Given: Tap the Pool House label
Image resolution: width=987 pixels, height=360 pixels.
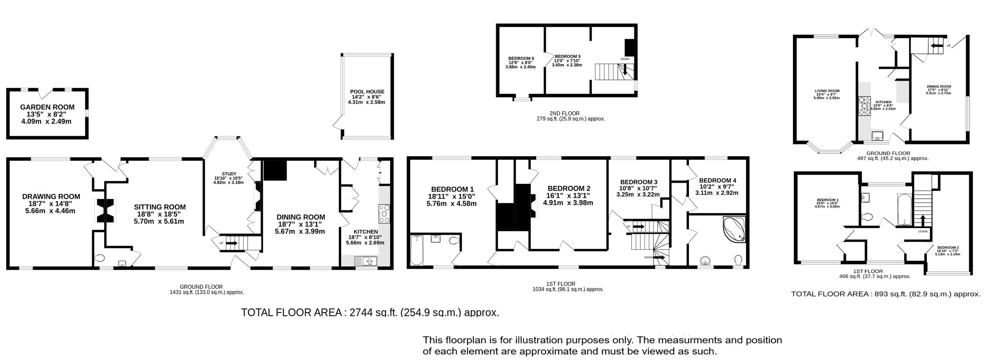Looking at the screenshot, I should point(367,92).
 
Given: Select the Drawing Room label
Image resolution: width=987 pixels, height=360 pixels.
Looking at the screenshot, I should point(51,197).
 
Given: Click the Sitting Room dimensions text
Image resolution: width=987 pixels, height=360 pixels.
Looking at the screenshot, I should point(159,218).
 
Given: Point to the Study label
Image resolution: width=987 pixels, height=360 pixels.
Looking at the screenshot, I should point(228,174).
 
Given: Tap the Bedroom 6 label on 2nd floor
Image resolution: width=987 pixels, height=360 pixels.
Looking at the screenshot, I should point(521,58).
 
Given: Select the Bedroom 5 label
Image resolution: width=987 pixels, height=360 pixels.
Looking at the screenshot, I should point(568,56).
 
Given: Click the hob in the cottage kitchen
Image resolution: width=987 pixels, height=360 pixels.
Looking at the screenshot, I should point(862,107).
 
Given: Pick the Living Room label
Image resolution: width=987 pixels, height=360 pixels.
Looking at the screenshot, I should point(827,91).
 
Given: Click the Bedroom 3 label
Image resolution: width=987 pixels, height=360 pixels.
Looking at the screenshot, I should point(639,182).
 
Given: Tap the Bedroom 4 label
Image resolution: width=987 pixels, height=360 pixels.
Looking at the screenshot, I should point(718,180).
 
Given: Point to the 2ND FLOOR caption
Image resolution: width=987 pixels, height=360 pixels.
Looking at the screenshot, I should point(564,113).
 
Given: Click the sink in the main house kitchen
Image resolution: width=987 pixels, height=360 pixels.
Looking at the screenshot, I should point(366,261).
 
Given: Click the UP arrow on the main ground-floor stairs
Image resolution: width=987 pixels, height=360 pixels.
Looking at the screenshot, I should point(232,243).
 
